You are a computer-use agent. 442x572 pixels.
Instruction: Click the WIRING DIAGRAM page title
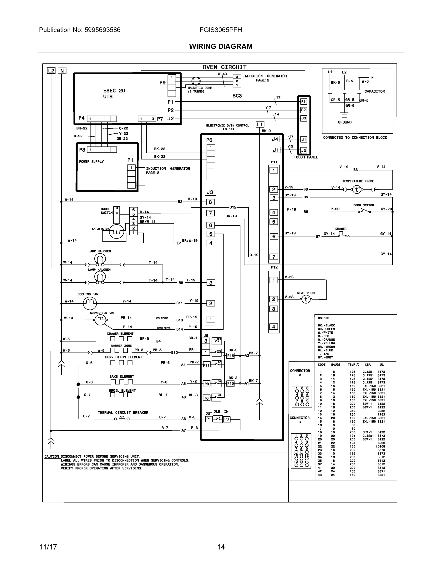coord(221,46)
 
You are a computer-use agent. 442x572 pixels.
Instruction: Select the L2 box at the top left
coord(51,71)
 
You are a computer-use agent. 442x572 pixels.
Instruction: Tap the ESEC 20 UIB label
coord(114,93)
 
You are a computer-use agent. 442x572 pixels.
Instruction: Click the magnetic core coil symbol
coord(196,81)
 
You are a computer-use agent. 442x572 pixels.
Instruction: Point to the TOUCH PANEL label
coord(305,157)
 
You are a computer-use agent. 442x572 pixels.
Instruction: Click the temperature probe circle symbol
coord(357,189)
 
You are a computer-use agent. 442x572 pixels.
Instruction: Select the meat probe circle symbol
coord(306,299)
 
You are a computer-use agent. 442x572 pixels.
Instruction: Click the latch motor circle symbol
coord(116,231)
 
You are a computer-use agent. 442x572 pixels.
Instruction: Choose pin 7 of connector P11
coord(274,257)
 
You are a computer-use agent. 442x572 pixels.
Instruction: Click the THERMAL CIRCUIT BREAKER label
coord(123,413)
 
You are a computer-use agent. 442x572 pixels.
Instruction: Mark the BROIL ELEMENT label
coord(122,390)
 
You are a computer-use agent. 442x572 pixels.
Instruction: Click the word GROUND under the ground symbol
coord(345,122)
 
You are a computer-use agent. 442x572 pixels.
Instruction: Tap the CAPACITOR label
coord(374,92)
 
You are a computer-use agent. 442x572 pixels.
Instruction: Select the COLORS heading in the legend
coord(323,318)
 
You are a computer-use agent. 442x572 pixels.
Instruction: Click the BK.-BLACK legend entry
coord(326,325)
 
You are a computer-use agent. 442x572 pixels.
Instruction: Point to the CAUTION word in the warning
coord(52,456)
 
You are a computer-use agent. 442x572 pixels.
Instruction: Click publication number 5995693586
coord(102,30)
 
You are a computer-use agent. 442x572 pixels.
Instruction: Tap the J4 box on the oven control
coord(275,139)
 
